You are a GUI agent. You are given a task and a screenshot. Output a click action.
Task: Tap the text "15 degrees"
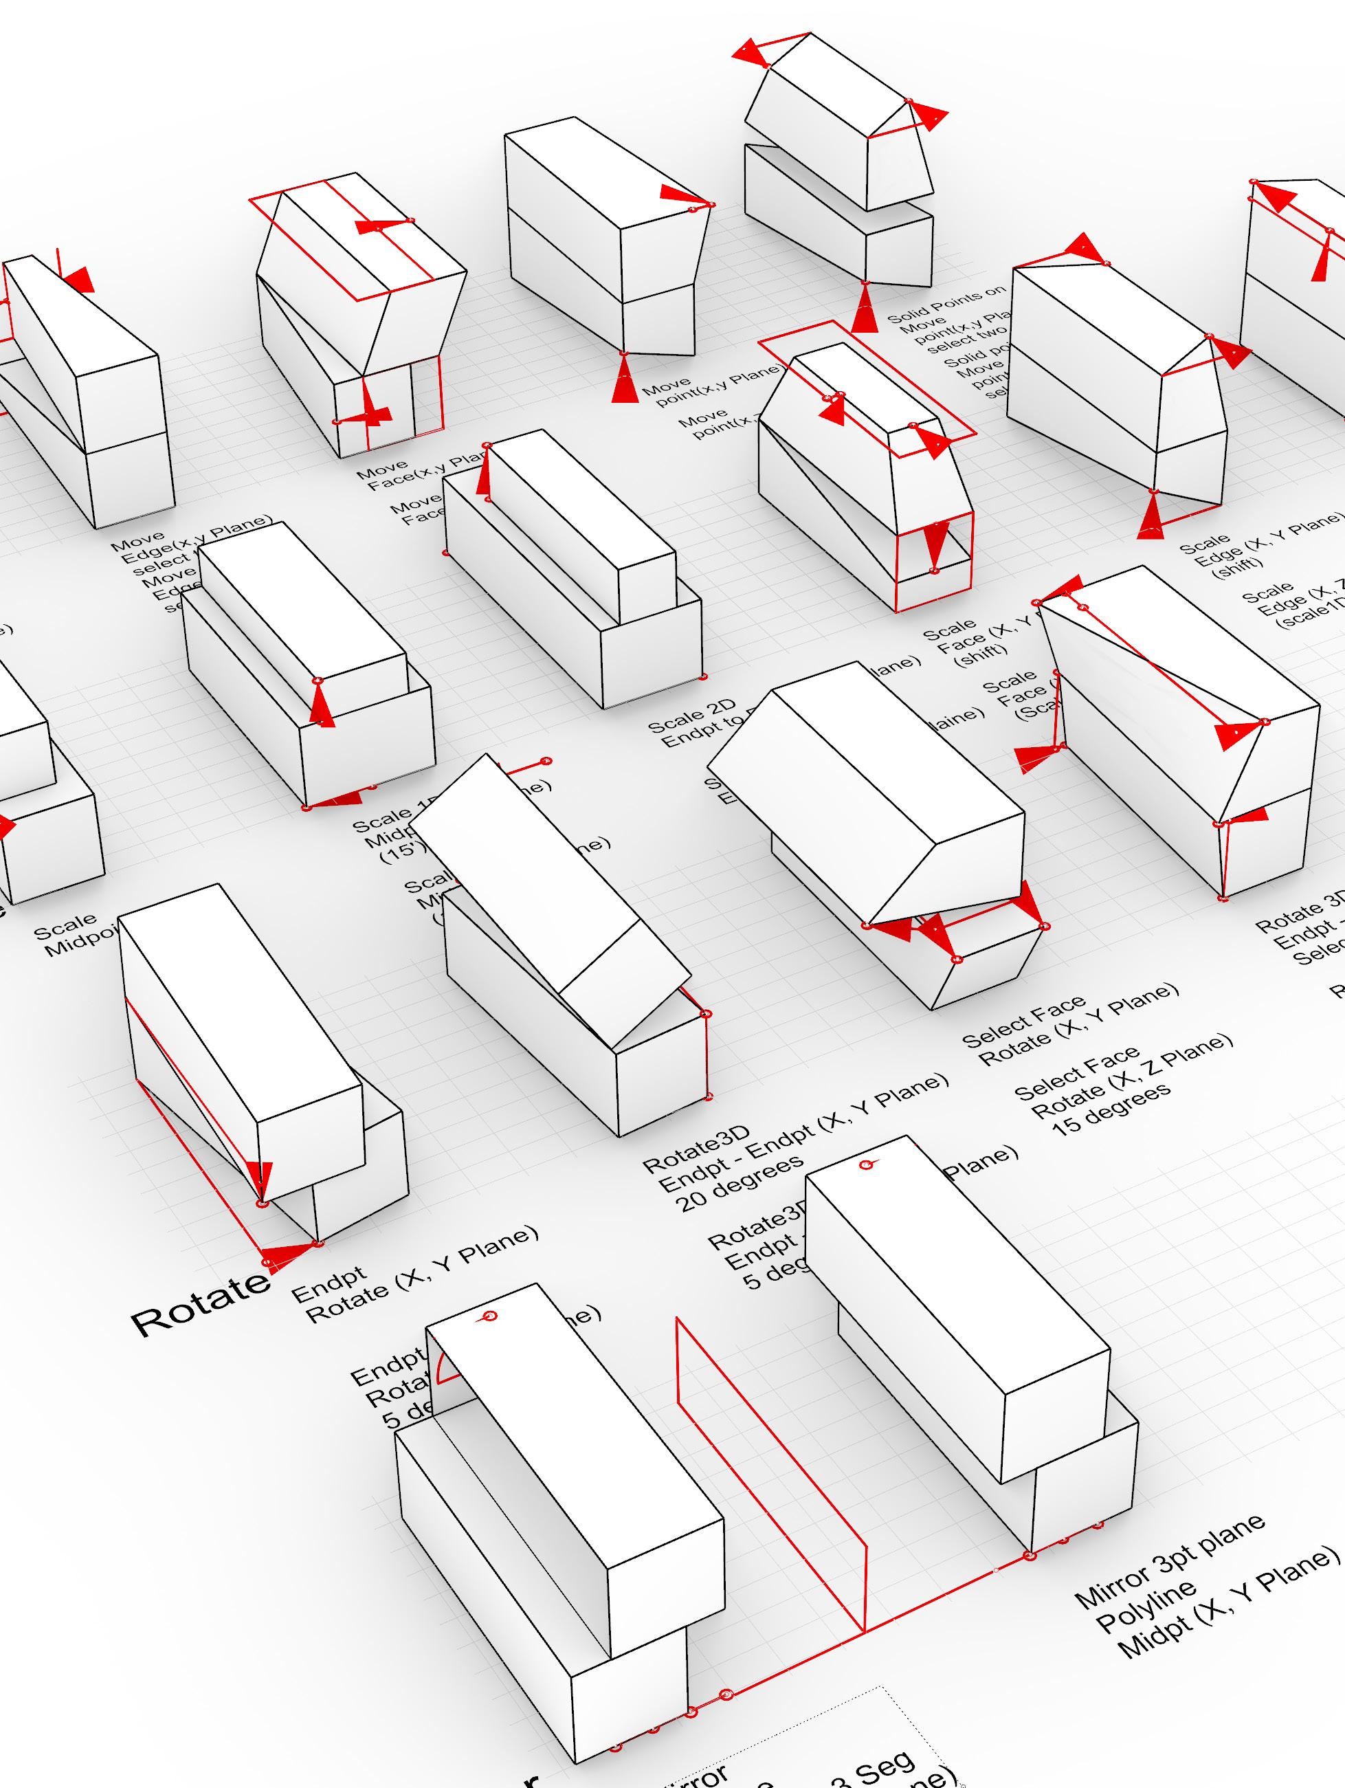coord(1111,1112)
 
